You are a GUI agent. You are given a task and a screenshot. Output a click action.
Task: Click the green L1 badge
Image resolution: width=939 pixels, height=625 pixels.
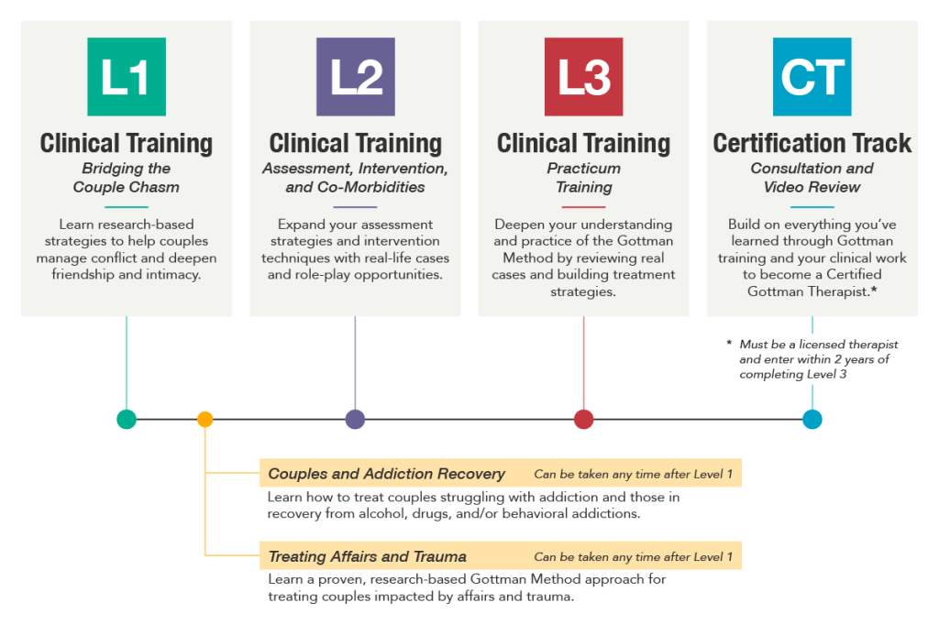(x=127, y=77)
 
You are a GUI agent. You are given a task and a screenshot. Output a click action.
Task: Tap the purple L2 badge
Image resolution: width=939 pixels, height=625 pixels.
(x=355, y=77)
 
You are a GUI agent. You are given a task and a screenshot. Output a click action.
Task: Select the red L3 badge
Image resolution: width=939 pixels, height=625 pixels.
(x=583, y=77)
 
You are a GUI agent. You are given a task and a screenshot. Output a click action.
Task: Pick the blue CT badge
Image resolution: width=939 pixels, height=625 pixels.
(x=812, y=77)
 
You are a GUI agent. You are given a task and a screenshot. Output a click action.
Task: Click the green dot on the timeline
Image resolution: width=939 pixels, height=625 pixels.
(x=127, y=419)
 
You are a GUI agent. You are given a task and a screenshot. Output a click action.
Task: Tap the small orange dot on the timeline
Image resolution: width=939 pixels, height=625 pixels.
(x=204, y=419)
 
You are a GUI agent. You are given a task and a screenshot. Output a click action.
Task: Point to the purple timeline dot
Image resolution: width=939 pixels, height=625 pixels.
(x=355, y=419)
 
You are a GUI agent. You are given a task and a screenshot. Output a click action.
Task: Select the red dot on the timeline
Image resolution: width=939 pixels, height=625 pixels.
(x=583, y=419)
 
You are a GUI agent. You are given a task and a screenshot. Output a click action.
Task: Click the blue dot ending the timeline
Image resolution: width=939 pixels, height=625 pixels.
(x=812, y=419)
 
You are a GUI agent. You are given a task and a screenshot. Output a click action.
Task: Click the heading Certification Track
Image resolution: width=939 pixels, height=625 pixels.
(x=812, y=143)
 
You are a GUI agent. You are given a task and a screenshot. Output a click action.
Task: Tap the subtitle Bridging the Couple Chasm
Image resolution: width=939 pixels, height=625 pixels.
(x=127, y=178)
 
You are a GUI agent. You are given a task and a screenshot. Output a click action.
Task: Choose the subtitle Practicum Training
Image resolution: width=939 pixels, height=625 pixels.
(x=584, y=178)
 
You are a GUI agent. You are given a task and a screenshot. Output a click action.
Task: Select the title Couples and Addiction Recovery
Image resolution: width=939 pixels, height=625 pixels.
(x=386, y=474)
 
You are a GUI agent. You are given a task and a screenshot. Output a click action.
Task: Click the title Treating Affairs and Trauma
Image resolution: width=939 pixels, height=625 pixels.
(x=367, y=557)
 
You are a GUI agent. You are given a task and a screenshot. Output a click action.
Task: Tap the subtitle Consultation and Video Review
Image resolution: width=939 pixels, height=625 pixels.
(x=812, y=178)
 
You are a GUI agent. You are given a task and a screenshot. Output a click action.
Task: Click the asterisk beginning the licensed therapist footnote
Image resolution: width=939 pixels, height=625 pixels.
(x=729, y=343)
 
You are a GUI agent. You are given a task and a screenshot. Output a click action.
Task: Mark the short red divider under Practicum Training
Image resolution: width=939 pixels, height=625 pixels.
(x=583, y=207)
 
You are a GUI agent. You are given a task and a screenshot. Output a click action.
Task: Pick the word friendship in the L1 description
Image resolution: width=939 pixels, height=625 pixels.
(x=83, y=275)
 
